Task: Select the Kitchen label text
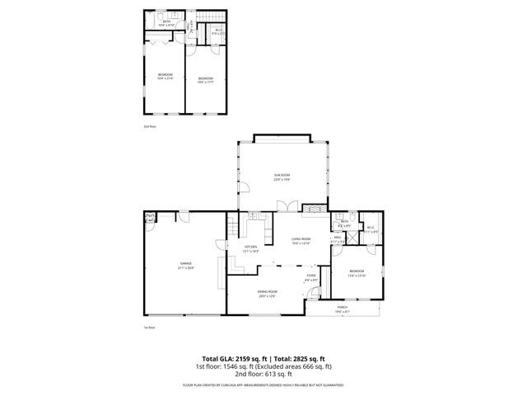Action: [x=250, y=248]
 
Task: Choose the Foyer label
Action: [x=311, y=277]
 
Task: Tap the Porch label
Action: [x=343, y=309]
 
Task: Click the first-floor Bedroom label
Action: [x=356, y=273]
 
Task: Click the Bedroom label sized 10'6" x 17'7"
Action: [x=206, y=80]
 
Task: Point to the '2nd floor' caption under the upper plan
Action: [x=150, y=126]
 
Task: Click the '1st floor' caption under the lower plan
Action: [x=150, y=328]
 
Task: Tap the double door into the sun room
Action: [x=284, y=206]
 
